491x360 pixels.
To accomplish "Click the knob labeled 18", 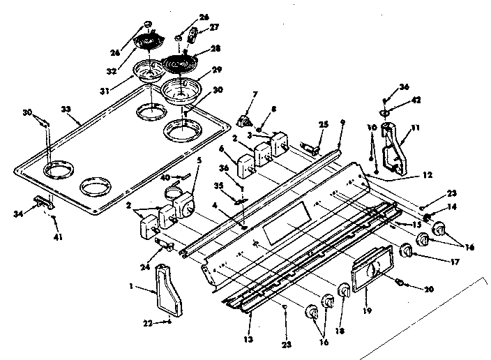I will pyautogui.click(x=343, y=290).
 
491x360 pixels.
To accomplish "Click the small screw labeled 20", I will pyautogui.click(x=400, y=281).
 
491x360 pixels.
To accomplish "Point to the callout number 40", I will pyautogui.click(x=164, y=177).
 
